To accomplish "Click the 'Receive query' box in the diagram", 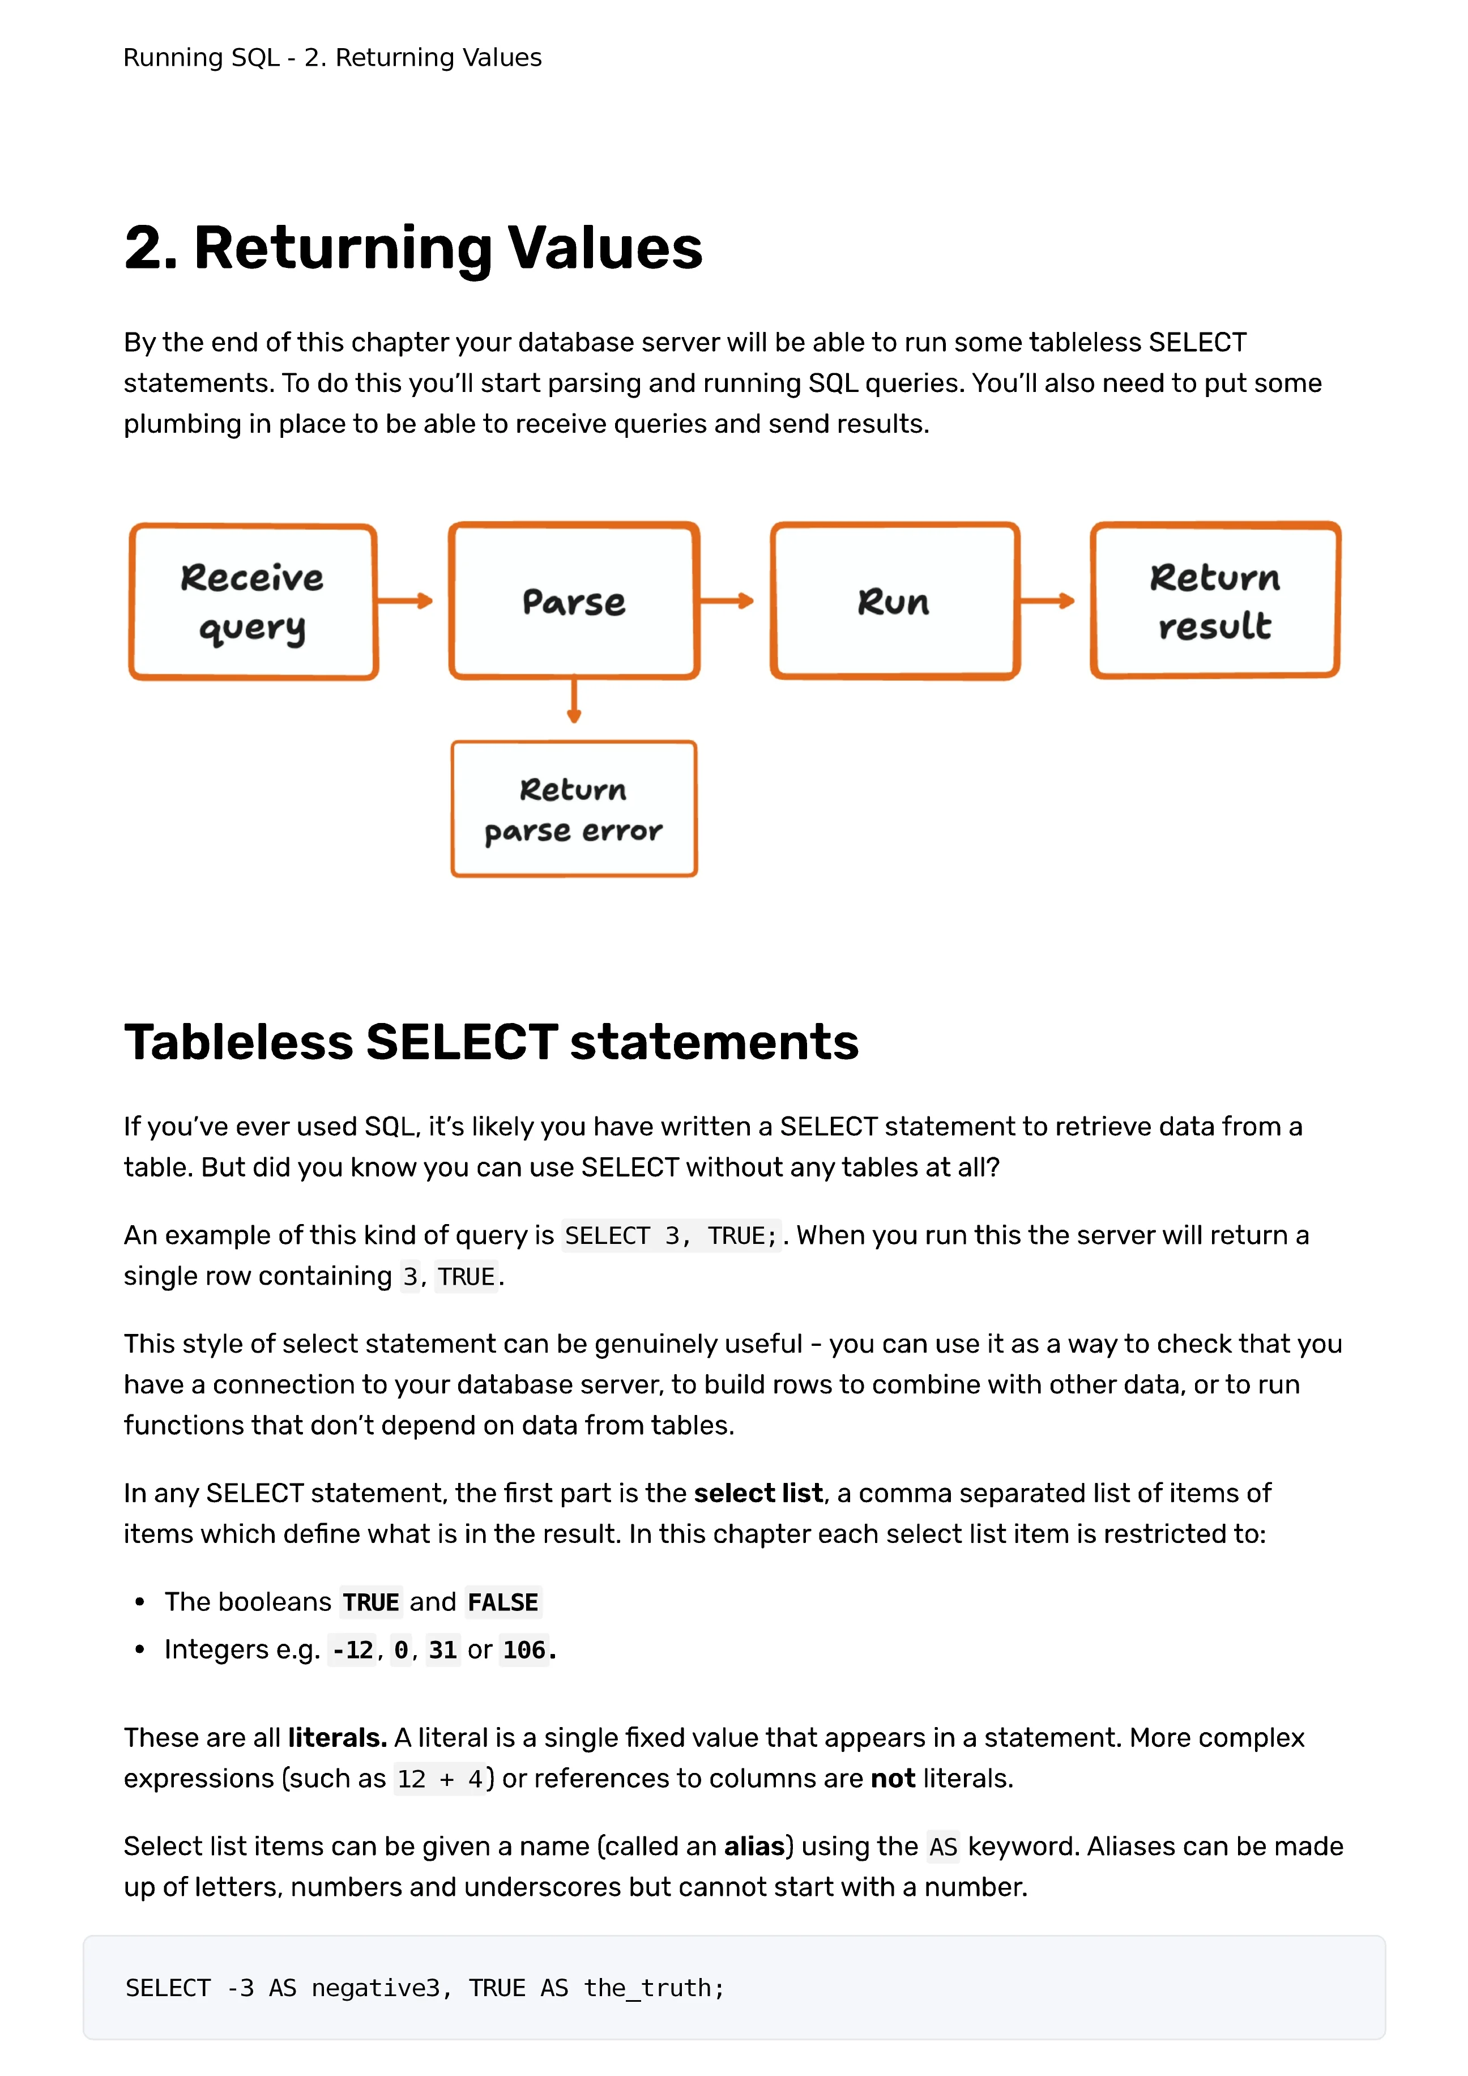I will [x=253, y=602].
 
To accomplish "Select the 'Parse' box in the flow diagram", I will [x=574, y=602].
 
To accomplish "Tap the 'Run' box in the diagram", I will [x=895, y=602].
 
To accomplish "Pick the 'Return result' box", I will [x=1215, y=602].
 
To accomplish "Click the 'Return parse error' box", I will [x=574, y=809].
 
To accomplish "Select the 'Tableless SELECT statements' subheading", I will [x=491, y=1042].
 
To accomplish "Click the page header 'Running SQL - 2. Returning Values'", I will [x=332, y=58].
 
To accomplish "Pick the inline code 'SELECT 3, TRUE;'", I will [x=671, y=1236].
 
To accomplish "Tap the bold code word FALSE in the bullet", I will [x=502, y=1602].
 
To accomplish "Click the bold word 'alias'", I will [x=754, y=1847].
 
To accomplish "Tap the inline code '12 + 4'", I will [x=440, y=1779].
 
